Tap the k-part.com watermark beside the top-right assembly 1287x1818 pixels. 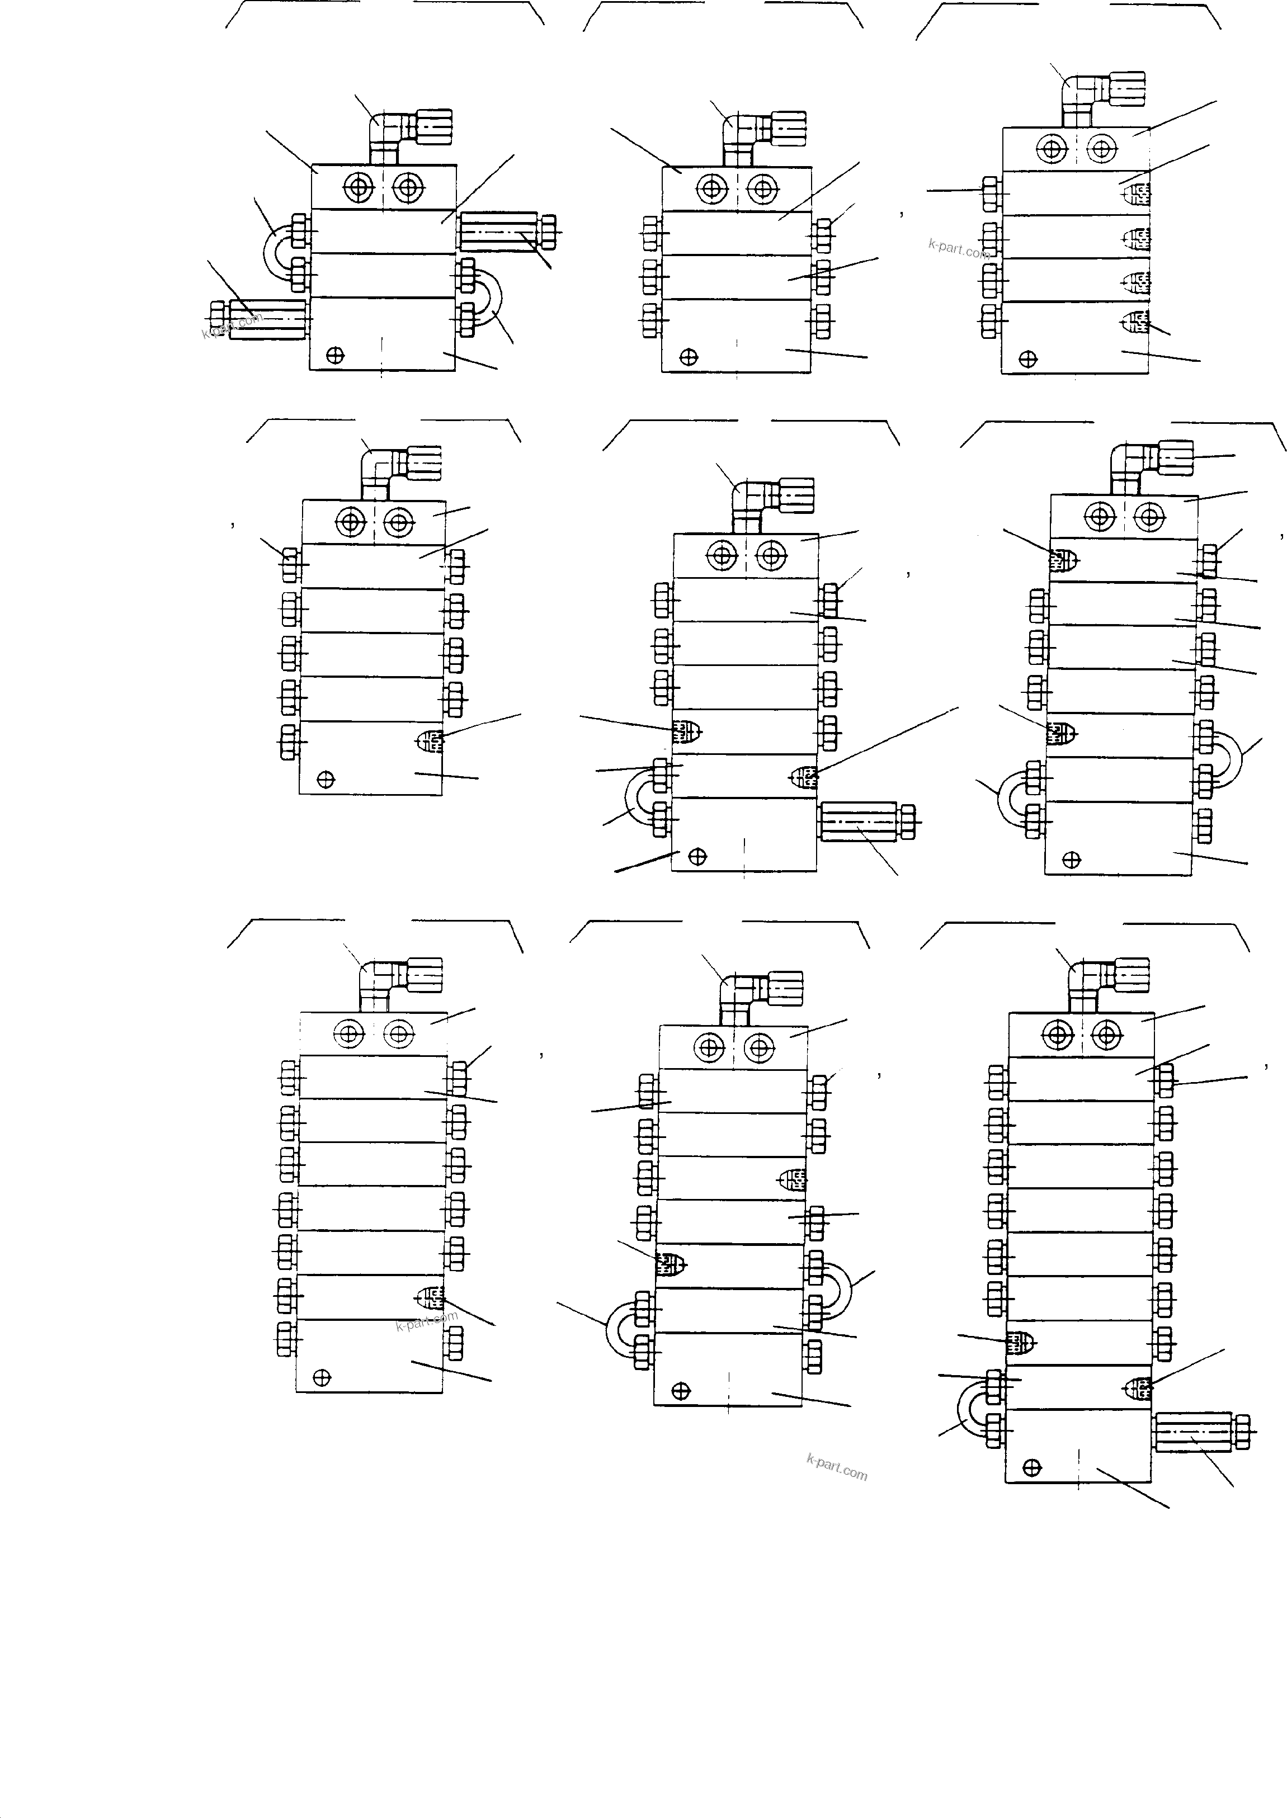958,249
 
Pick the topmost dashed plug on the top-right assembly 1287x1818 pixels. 1137,194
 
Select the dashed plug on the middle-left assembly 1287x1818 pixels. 429,742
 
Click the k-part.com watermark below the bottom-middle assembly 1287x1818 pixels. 836,1467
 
